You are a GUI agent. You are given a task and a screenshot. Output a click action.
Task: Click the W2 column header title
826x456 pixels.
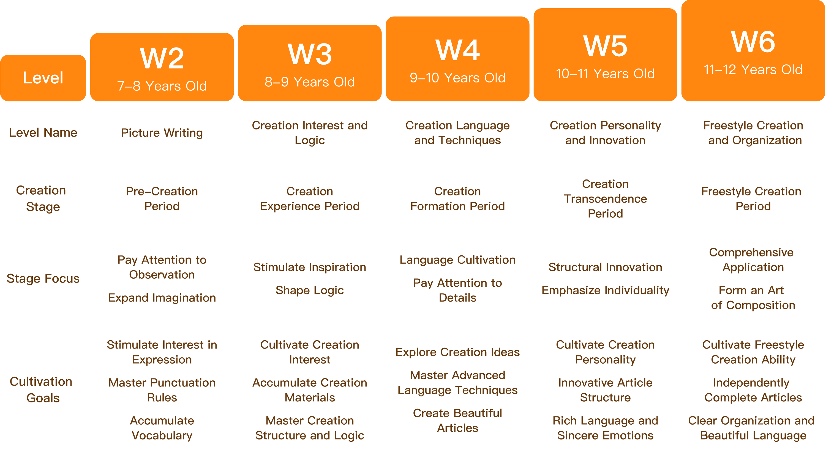coord(162,58)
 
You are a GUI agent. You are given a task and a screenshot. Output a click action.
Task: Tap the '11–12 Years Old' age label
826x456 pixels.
coord(753,70)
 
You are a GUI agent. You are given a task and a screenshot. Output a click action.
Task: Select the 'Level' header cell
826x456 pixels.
coord(43,78)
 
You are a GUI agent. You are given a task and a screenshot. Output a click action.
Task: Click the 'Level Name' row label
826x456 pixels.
coord(43,132)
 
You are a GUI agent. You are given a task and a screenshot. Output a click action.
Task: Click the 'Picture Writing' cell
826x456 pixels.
coord(162,132)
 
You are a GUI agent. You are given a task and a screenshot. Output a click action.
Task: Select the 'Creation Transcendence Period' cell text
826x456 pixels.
coord(605,198)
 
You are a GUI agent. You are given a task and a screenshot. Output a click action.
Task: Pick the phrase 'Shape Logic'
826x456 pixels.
coord(309,290)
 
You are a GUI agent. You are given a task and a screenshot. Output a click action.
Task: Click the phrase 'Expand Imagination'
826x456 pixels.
coord(162,298)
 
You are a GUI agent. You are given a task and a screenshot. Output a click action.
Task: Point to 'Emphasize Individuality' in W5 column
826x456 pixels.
coord(605,290)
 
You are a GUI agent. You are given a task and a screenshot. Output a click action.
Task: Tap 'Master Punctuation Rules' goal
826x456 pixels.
coord(162,390)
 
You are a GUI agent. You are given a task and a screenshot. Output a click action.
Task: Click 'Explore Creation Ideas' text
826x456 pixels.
coord(457,352)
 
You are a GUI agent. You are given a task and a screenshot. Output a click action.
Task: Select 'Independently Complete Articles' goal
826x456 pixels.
coord(753,390)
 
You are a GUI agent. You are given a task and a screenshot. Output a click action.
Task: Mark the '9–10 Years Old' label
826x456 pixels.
coord(457,78)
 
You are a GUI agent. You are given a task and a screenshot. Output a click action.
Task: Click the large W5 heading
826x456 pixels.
coord(605,46)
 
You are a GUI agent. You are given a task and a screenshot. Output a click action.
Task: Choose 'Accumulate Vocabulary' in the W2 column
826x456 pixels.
coord(162,428)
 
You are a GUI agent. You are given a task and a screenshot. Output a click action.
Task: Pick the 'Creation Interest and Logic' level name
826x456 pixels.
coord(309,132)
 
